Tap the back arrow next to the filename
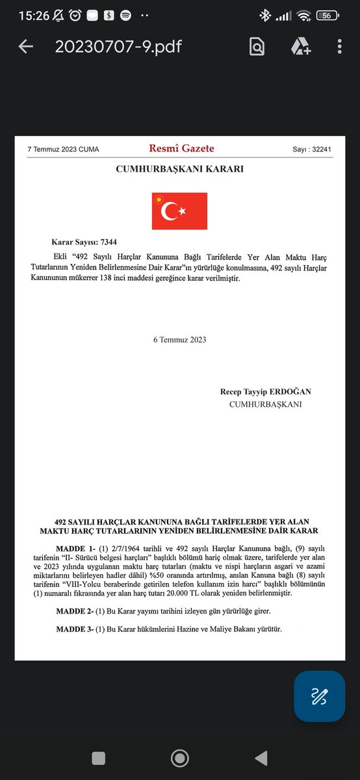click(25, 47)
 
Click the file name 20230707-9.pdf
click(118, 47)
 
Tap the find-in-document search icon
click(257, 47)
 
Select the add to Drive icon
click(300, 47)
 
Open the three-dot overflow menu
click(340, 47)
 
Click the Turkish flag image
click(179, 211)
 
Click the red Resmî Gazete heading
click(181, 149)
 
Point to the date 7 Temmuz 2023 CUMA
click(63, 149)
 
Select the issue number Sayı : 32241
click(312, 149)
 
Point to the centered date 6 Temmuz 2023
click(179, 339)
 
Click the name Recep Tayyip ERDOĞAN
click(265, 391)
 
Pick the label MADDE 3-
click(75, 630)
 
